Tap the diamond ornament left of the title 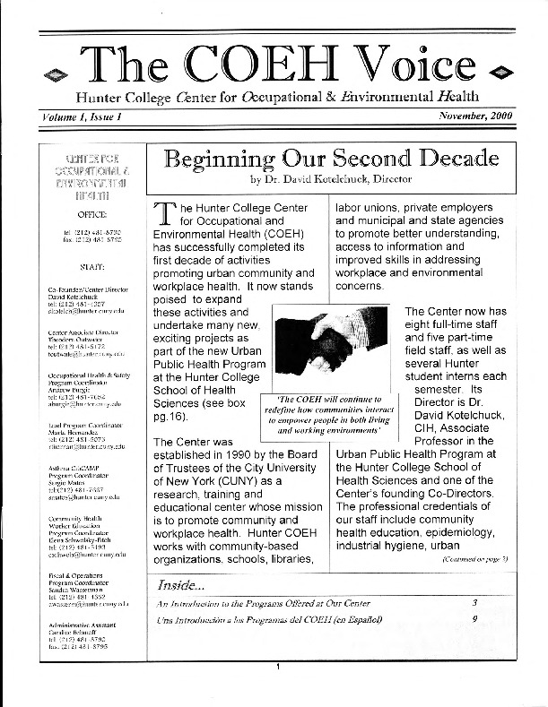coord(61,71)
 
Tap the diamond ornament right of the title coord(502,71)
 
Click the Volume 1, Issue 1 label coord(81,116)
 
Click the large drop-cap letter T coord(165,216)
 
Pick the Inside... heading coord(181,584)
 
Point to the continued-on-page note coord(474,558)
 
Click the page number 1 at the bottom coord(279,692)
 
